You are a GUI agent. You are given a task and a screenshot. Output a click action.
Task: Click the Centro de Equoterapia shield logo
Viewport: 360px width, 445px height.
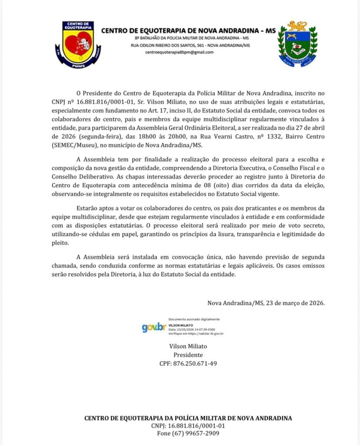pyautogui.click(x=78, y=44)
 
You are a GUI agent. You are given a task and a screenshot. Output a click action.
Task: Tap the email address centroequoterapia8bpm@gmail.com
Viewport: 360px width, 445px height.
pyautogui.click(x=180, y=52)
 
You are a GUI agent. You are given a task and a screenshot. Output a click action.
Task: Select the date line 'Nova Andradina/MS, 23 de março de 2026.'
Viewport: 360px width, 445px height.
pyautogui.click(x=266, y=303)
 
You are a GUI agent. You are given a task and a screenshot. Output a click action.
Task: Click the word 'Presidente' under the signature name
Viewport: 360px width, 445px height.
pyautogui.click(x=188, y=355)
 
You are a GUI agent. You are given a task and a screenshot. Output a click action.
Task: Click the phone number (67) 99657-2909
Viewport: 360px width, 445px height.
pyautogui.click(x=188, y=434)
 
